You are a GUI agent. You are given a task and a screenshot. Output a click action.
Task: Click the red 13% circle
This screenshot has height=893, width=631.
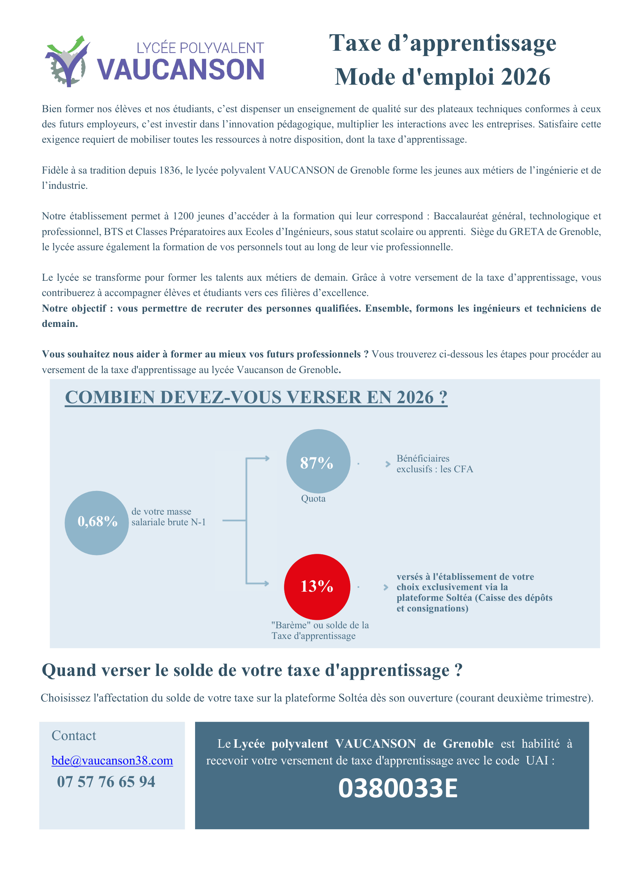point(316,586)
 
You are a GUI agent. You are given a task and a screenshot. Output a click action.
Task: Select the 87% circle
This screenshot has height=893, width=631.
point(318,461)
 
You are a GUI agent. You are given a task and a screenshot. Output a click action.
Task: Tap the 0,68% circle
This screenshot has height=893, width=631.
point(97,522)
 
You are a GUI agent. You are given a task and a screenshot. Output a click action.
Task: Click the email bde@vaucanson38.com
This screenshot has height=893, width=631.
point(112,760)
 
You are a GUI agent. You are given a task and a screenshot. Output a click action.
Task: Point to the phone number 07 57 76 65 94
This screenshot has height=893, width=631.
point(106,781)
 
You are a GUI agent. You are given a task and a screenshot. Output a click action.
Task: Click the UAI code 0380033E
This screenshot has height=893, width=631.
point(397,788)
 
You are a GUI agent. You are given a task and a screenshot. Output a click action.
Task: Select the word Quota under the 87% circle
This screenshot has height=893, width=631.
point(313,498)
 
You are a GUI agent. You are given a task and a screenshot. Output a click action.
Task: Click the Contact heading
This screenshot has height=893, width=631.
point(74,735)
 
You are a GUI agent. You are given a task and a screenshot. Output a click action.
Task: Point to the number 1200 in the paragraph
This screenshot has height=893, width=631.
point(183,216)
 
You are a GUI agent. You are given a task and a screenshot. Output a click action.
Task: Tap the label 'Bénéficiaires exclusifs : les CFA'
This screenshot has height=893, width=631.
point(434,463)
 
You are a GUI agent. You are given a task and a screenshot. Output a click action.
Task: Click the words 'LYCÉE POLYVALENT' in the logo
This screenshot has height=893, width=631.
point(200,48)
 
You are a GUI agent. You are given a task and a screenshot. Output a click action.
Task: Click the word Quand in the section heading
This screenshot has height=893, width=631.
point(69,670)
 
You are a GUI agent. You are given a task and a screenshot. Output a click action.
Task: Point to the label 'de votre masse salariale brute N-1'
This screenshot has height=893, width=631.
point(168,516)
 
